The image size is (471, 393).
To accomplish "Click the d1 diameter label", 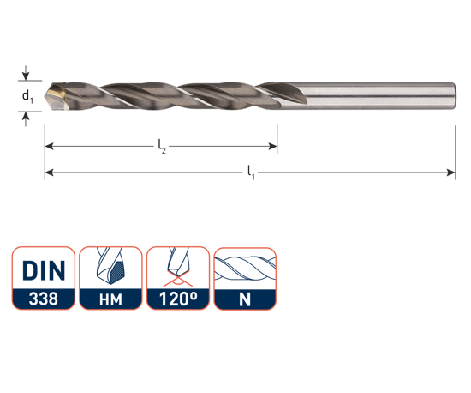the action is (x=27, y=96).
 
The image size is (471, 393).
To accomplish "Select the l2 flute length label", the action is (x=162, y=147).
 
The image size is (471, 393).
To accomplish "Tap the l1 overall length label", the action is (x=251, y=172).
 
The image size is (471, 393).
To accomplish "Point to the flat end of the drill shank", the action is (x=455, y=95).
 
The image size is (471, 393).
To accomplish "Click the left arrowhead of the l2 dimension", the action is (x=49, y=147).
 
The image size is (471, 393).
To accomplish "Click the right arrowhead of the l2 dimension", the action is (x=272, y=147).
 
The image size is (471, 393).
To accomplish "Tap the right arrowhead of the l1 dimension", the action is (x=451, y=172).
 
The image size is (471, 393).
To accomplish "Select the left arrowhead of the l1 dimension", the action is (x=49, y=172).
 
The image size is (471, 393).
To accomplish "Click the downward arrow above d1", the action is (x=26, y=73).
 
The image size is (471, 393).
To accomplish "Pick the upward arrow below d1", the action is (x=26, y=119).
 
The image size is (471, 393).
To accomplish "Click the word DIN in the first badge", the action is (x=44, y=270).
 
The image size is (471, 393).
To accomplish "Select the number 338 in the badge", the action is (x=44, y=299).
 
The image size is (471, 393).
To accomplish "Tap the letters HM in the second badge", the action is (x=110, y=300).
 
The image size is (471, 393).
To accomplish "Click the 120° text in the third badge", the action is (x=178, y=299).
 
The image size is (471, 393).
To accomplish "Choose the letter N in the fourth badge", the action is (x=245, y=299).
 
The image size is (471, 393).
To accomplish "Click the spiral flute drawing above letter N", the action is (x=245, y=268).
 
